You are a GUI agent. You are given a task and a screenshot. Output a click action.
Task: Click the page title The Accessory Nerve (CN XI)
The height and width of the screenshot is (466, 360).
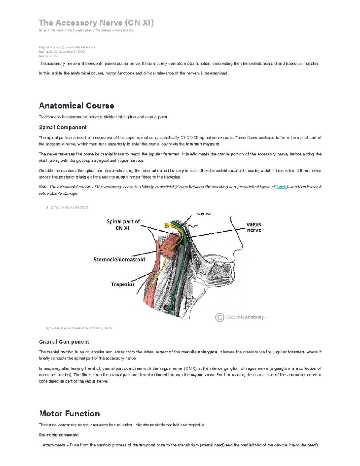coord(96,23)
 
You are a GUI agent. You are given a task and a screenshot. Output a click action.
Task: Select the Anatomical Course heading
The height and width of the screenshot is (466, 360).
coord(76,106)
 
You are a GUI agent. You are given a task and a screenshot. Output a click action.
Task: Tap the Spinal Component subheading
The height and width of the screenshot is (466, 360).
coord(63,127)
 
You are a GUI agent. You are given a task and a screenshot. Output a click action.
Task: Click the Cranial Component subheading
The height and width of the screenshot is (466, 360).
coord(64,342)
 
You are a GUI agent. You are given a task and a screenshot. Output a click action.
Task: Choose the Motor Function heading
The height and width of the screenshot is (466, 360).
coord(69,413)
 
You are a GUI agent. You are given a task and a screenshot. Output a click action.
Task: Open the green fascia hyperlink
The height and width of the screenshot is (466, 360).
coord(281,187)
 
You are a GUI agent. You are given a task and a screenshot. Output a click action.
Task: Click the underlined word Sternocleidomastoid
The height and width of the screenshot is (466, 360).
coord(59,435)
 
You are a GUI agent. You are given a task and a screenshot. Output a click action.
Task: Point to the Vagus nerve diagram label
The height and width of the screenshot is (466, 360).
coord(254,227)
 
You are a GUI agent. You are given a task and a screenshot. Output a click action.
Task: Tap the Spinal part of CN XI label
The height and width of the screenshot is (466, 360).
coord(123,224)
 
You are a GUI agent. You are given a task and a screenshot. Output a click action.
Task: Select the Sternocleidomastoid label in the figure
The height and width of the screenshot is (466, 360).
coord(119,260)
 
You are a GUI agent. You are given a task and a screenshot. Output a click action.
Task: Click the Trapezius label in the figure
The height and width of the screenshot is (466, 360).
coord(123,284)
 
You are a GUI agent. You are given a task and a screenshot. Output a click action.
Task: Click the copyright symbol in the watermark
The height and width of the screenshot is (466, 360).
coord(220,317)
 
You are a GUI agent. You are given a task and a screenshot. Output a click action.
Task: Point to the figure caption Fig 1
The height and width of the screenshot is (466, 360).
coord(79,328)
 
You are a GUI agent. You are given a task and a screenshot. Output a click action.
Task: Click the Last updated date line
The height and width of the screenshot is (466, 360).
coord(61,52)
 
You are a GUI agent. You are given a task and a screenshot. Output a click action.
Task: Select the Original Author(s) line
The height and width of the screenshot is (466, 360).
coord(67,47)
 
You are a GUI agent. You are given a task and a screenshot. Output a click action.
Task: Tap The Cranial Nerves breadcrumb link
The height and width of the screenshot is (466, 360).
coord(79,30)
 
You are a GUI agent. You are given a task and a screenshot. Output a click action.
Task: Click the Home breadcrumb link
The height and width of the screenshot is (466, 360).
coord(42,30)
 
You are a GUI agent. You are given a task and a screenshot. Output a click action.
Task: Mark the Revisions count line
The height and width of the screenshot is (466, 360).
coord(48,56)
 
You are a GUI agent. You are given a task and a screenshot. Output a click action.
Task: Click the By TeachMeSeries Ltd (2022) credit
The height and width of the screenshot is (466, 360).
coord(69,207)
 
